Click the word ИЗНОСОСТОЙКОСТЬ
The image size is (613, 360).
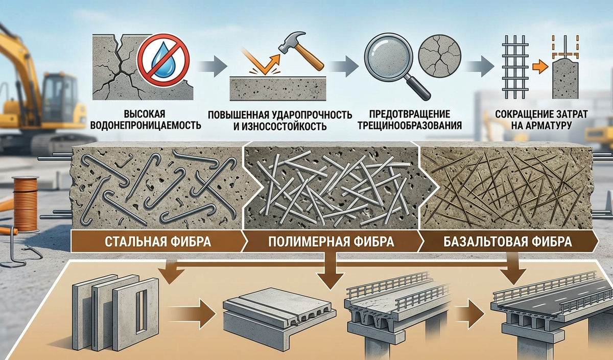coord(286,125)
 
